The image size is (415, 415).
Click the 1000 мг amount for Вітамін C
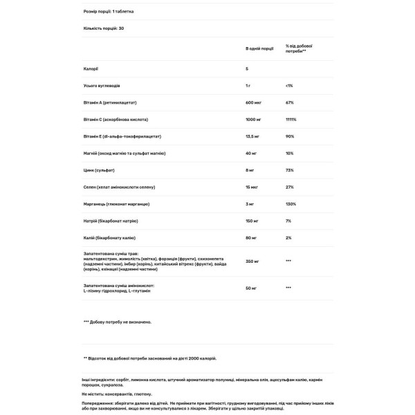[253, 119]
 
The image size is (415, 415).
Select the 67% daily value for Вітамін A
[290, 102]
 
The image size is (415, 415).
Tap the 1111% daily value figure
[291, 119]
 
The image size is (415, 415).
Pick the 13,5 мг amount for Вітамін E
[253, 136]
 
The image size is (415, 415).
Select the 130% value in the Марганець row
[290, 203]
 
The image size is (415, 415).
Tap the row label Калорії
[90, 68]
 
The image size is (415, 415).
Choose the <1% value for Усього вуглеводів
[289, 85]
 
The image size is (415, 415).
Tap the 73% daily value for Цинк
[290, 169]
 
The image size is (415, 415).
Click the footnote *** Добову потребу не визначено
[117, 322]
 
